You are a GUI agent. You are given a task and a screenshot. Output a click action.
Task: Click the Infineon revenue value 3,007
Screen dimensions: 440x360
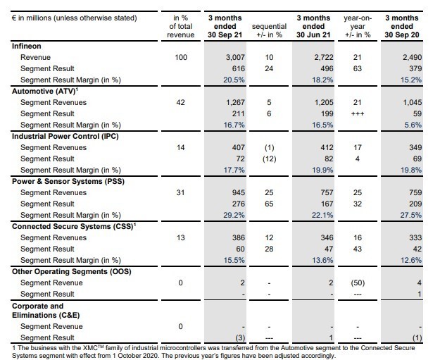[x=235, y=57]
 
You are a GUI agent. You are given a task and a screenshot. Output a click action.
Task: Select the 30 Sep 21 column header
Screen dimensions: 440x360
[x=225, y=26]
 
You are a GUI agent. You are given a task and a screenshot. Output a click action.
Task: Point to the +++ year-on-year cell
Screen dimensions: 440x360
[x=357, y=113]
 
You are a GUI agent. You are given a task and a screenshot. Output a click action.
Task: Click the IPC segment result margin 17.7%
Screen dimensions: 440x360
[x=234, y=170]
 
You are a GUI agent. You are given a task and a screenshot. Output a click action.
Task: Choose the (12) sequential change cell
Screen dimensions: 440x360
[x=269, y=159]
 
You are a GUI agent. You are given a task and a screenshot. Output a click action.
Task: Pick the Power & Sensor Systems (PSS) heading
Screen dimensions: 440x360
[x=68, y=181]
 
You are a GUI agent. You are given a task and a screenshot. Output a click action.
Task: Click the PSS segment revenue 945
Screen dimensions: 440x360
[x=238, y=192]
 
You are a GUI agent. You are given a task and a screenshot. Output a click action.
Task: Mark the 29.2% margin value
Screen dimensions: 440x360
[x=234, y=215]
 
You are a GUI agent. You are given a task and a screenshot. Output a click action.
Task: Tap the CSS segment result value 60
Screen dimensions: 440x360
[x=240, y=249]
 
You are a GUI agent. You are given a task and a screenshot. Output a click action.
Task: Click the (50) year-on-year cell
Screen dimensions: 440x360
[x=358, y=283]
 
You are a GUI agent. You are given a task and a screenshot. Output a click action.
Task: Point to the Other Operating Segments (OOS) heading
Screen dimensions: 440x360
[x=72, y=271]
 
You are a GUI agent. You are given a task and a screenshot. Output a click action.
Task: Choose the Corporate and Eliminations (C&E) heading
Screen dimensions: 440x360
[x=46, y=311]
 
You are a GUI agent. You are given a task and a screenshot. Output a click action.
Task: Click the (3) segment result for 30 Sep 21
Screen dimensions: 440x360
[x=239, y=337]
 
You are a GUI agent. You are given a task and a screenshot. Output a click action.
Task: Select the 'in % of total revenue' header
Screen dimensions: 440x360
[x=181, y=26]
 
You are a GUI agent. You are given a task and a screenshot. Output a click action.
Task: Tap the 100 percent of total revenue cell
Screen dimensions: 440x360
[x=181, y=57]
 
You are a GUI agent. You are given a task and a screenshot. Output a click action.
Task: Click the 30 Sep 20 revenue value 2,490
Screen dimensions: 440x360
[x=413, y=57]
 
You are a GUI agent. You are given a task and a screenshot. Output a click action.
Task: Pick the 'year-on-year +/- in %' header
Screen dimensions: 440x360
[x=358, y=26]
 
